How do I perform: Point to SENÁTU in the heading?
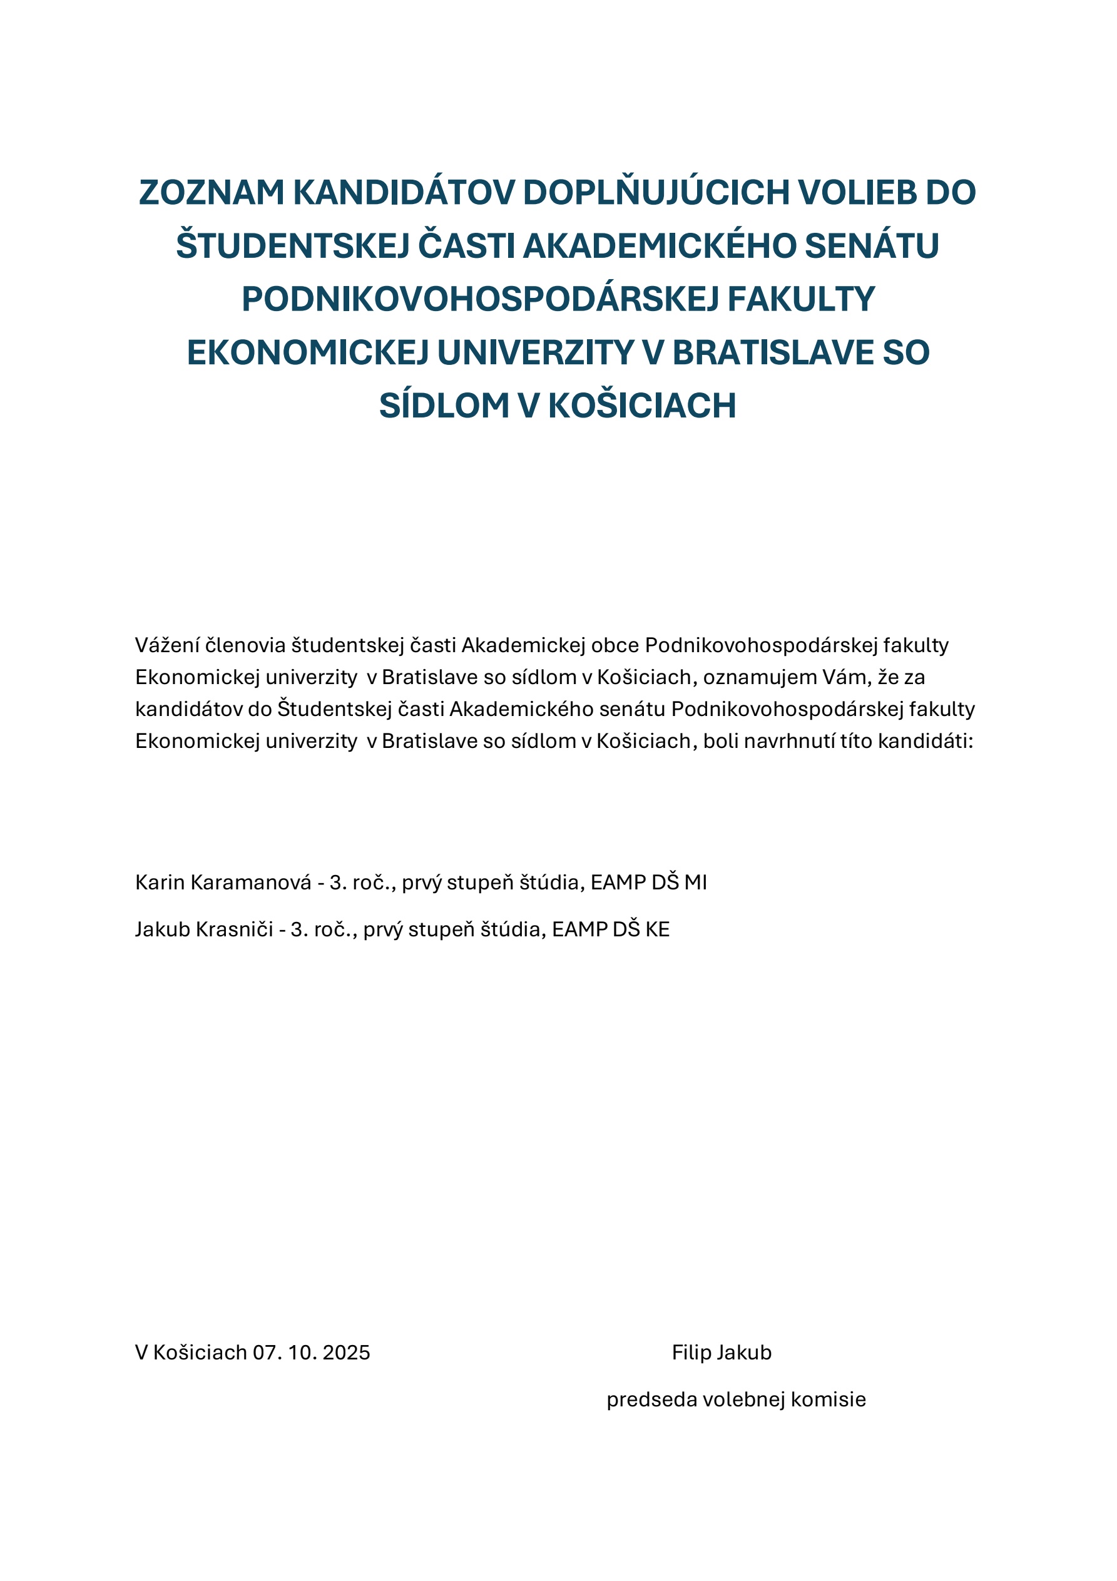point(872,246)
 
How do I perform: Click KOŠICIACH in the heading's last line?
point(642,406)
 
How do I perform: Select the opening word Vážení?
point(167,645)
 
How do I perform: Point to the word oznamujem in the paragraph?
point(760,678)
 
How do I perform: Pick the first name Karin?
point(160,882)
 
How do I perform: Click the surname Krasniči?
point(235,929)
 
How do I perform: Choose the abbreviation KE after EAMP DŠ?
point(657,929)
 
